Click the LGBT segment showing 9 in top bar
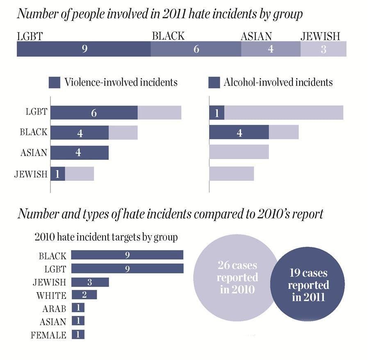coord(84,50)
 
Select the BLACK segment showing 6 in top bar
coord(196,50)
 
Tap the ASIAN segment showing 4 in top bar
coord(271,50)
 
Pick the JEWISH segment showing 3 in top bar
coord(323,50)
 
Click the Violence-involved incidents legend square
coord(55,82)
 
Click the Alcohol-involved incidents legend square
coord(214,82)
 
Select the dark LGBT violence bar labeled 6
coord(94,113)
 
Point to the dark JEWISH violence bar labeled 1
coord(57,174)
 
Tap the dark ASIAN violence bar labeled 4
coord(79,153)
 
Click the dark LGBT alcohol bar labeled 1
coord(216,113)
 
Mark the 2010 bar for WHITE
coord(84,295)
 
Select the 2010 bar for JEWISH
coord(90,282)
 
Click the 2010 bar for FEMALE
coord(78,335)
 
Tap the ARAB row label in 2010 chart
coord(54,308)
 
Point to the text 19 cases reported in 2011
coord(308,285)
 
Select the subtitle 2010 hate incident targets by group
coord(106,237)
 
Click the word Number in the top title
coord(34,15)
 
